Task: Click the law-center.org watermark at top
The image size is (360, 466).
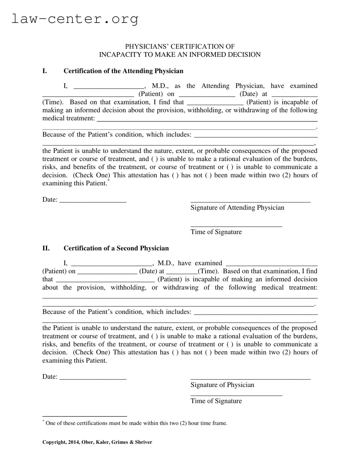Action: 75,19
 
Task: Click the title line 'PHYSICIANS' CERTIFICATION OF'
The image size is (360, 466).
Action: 180,46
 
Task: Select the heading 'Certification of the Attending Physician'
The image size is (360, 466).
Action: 123,71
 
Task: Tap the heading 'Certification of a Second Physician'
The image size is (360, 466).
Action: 116,248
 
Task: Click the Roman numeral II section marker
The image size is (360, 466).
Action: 46,248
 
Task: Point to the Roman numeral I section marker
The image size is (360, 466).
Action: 44,71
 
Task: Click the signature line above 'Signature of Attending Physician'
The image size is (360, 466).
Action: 250,201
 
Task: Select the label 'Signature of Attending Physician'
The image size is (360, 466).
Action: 237,207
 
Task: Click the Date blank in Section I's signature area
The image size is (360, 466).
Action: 93,201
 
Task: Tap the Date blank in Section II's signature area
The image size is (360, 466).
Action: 93,378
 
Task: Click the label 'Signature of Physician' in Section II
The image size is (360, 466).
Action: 222,385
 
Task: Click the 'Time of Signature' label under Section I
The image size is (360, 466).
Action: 216,232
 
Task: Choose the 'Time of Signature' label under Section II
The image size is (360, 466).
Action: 216,401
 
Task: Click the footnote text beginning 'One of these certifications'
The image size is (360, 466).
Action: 136,423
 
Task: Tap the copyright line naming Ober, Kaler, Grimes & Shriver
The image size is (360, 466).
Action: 97,442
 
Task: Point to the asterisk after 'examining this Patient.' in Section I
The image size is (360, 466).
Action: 109,181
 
